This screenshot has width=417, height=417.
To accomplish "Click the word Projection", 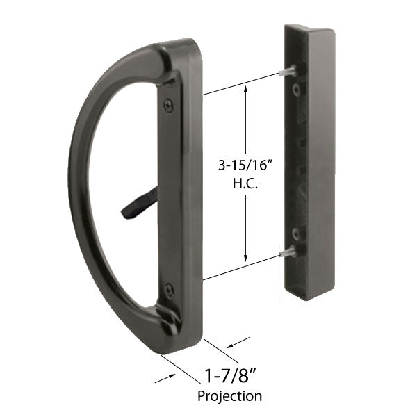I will [x=230, y=396].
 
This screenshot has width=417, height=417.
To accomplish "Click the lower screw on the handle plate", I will [x=169, y=288].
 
